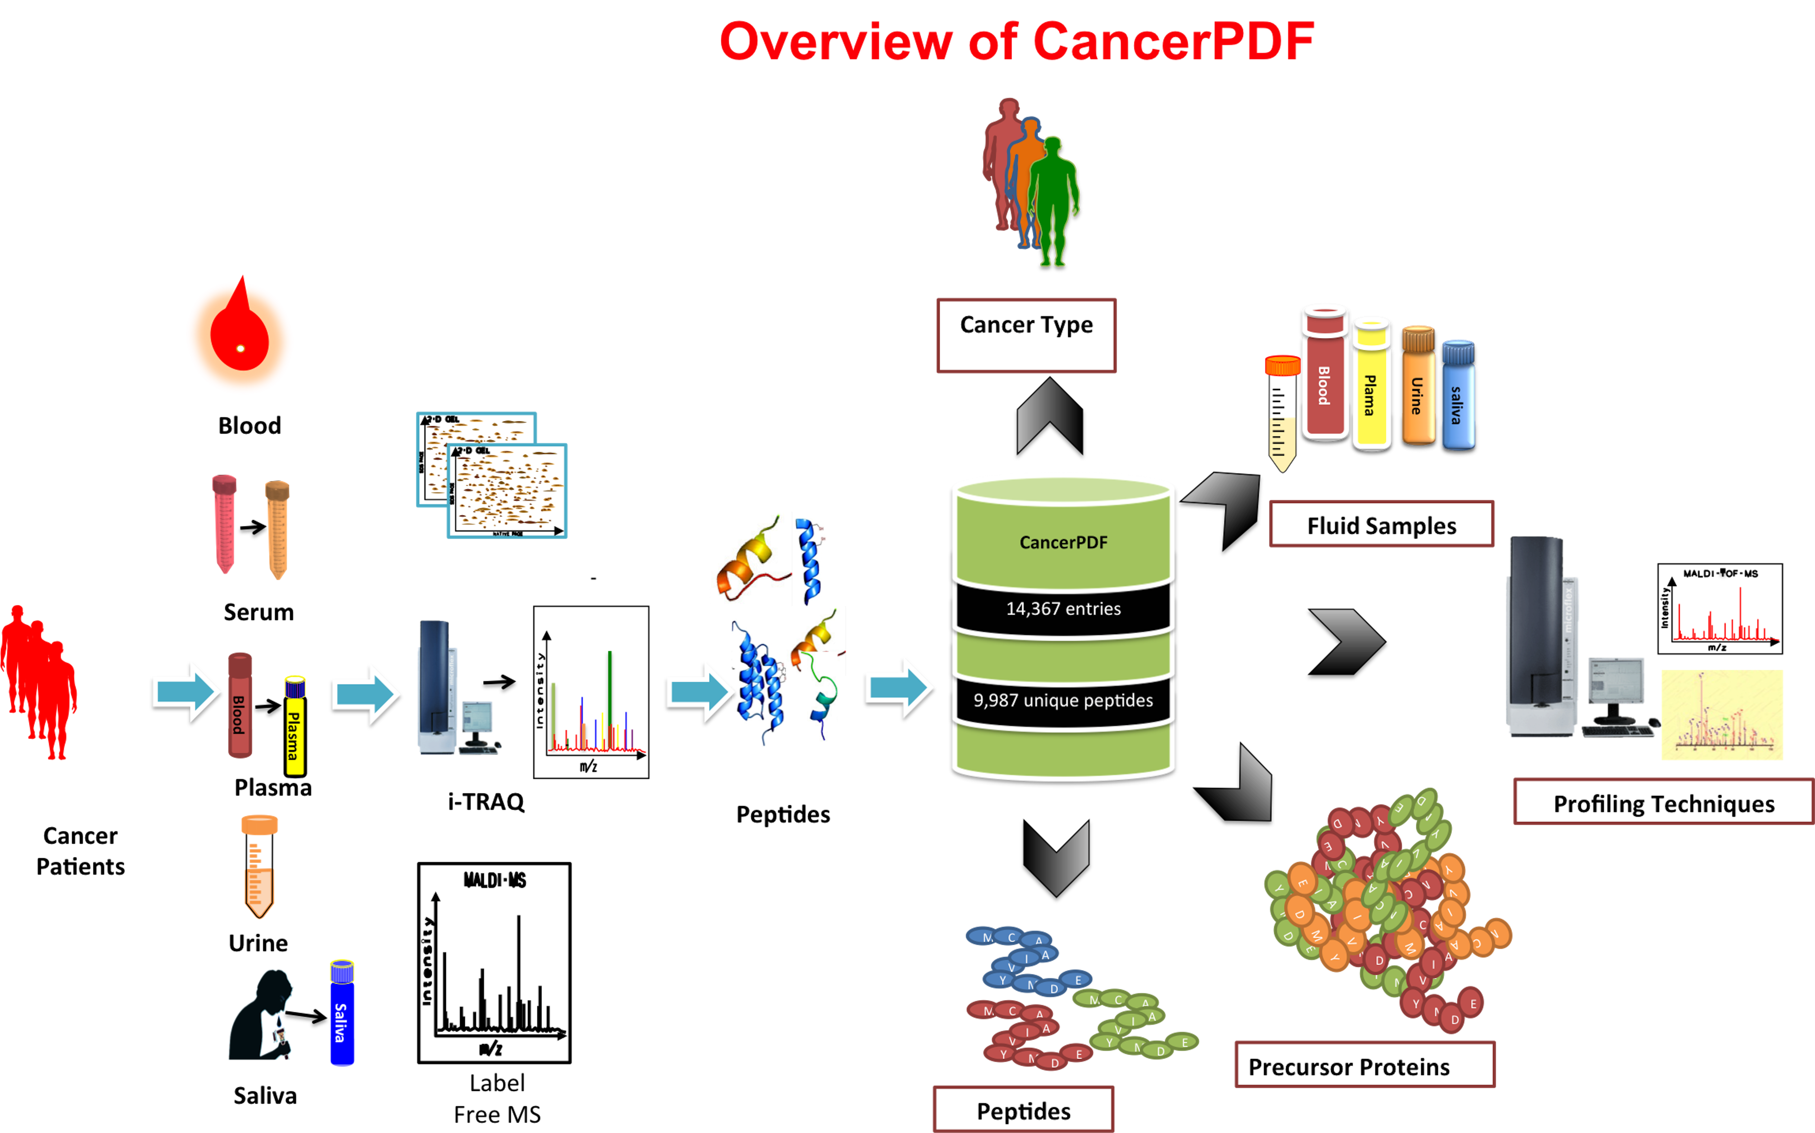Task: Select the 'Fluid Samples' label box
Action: [x=1381, y=525]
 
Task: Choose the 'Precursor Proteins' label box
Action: [x=1364, y=1065]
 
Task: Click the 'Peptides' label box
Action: [x=1023, y=1110]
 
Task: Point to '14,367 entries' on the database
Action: [x=1063, y=608]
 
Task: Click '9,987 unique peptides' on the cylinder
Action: [x=1063, y=700]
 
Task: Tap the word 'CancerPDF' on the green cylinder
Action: [x=1063, y=543]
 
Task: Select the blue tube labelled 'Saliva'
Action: [x=342, y=1013]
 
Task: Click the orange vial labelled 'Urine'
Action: [x=1417, y=386]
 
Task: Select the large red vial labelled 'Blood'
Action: [x=1324, y=375]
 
